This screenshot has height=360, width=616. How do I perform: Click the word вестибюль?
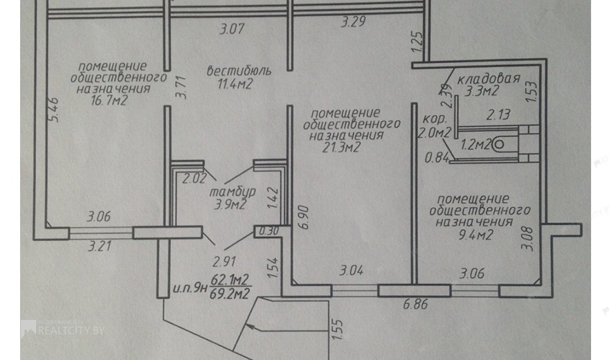click(x=239, y=71)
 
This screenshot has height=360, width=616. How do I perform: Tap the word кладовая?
click(x=489, y=79)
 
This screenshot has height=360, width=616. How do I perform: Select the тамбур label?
click(x=233, y=192)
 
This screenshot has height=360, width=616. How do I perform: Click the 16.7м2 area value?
click(x=109, y=100)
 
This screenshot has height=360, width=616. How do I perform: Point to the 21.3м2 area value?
click(x=341, y=147)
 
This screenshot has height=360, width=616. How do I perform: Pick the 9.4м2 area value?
click(x=475, y=235)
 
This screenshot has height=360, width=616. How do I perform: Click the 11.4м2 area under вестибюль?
click(x=235, y=84)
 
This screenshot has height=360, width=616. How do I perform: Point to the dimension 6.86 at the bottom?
click(x=416, y=304)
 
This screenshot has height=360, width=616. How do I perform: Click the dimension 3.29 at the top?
click(x=353, y=21)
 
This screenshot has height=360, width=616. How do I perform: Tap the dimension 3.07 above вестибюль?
click(x=232, y=28)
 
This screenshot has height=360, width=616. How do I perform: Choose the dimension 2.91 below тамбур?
click(x=224, y=262)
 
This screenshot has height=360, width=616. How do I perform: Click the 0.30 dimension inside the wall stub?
click(x=269, y=231)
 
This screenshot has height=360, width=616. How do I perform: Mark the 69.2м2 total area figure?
click(x=230, y=294)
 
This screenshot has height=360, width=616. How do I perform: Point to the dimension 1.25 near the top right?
click(x=417, y=42)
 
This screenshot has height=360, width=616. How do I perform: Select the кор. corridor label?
click(x=435, y=118)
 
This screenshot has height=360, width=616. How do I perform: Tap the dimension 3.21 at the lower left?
click(x=100, y=246)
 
